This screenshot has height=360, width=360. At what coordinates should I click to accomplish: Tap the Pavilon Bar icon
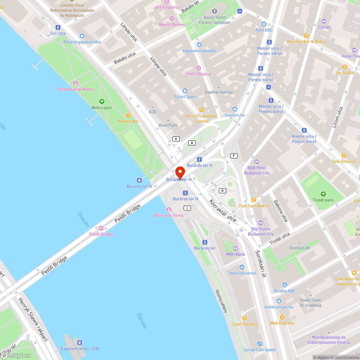point(128,115)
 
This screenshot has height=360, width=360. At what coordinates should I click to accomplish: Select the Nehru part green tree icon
point(102,102)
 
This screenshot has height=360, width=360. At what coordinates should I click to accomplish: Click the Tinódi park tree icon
point(323,194)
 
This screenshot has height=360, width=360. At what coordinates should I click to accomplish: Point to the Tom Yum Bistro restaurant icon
point(253,200)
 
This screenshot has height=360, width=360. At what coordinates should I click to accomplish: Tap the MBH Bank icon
point(235,248)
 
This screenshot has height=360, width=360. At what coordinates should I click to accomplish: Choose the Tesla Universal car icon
point(242,267)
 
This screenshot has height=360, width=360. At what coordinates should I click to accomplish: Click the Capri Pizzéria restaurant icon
point(245,318)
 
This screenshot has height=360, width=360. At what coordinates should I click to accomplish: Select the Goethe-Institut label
point(219,92)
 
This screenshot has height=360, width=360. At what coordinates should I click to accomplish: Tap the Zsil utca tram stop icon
point(58,27)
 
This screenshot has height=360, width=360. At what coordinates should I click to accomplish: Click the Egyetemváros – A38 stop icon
point(80,342)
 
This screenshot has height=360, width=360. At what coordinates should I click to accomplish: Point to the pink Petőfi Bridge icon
point(101,228)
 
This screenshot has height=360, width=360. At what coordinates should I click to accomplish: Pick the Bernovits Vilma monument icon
point(168,210)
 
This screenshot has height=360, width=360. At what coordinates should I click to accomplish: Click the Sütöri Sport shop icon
point(185,91)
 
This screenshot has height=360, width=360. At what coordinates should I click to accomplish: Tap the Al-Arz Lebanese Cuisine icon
point(202,110)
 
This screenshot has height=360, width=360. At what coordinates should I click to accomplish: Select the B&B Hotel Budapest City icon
point(256,162)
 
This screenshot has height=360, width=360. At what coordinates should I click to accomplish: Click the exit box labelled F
point(234,156)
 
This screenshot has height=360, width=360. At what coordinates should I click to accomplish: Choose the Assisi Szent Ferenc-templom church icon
point(215,11)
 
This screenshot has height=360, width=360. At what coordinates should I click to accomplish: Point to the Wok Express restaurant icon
point(282,317)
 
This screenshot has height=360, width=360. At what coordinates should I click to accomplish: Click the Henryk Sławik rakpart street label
point(33,314)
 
